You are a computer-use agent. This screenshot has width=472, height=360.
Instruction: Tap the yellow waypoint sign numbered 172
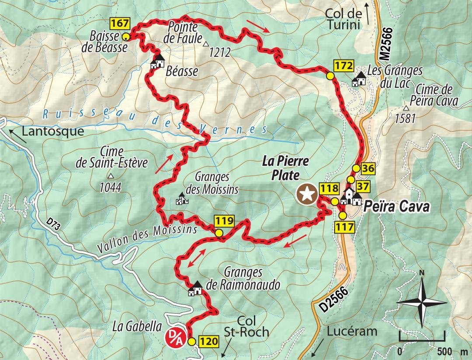click(343, 66)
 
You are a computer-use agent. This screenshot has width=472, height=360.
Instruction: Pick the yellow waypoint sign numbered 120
click(208, 341)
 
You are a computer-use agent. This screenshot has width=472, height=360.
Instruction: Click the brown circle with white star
click(307, 193)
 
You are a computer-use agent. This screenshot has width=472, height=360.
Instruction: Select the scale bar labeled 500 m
click(422, 341)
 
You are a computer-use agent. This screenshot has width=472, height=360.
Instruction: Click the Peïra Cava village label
click(396, 206)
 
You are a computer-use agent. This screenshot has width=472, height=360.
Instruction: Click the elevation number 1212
click(219, 53)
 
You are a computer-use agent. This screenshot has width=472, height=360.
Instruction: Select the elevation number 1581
click(404, 119)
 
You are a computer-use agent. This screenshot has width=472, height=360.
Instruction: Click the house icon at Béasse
click(157, 61)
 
